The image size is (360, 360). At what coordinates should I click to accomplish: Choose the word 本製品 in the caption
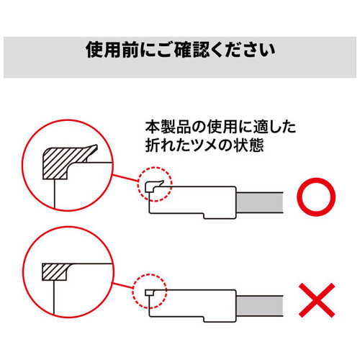click(162, 127)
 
